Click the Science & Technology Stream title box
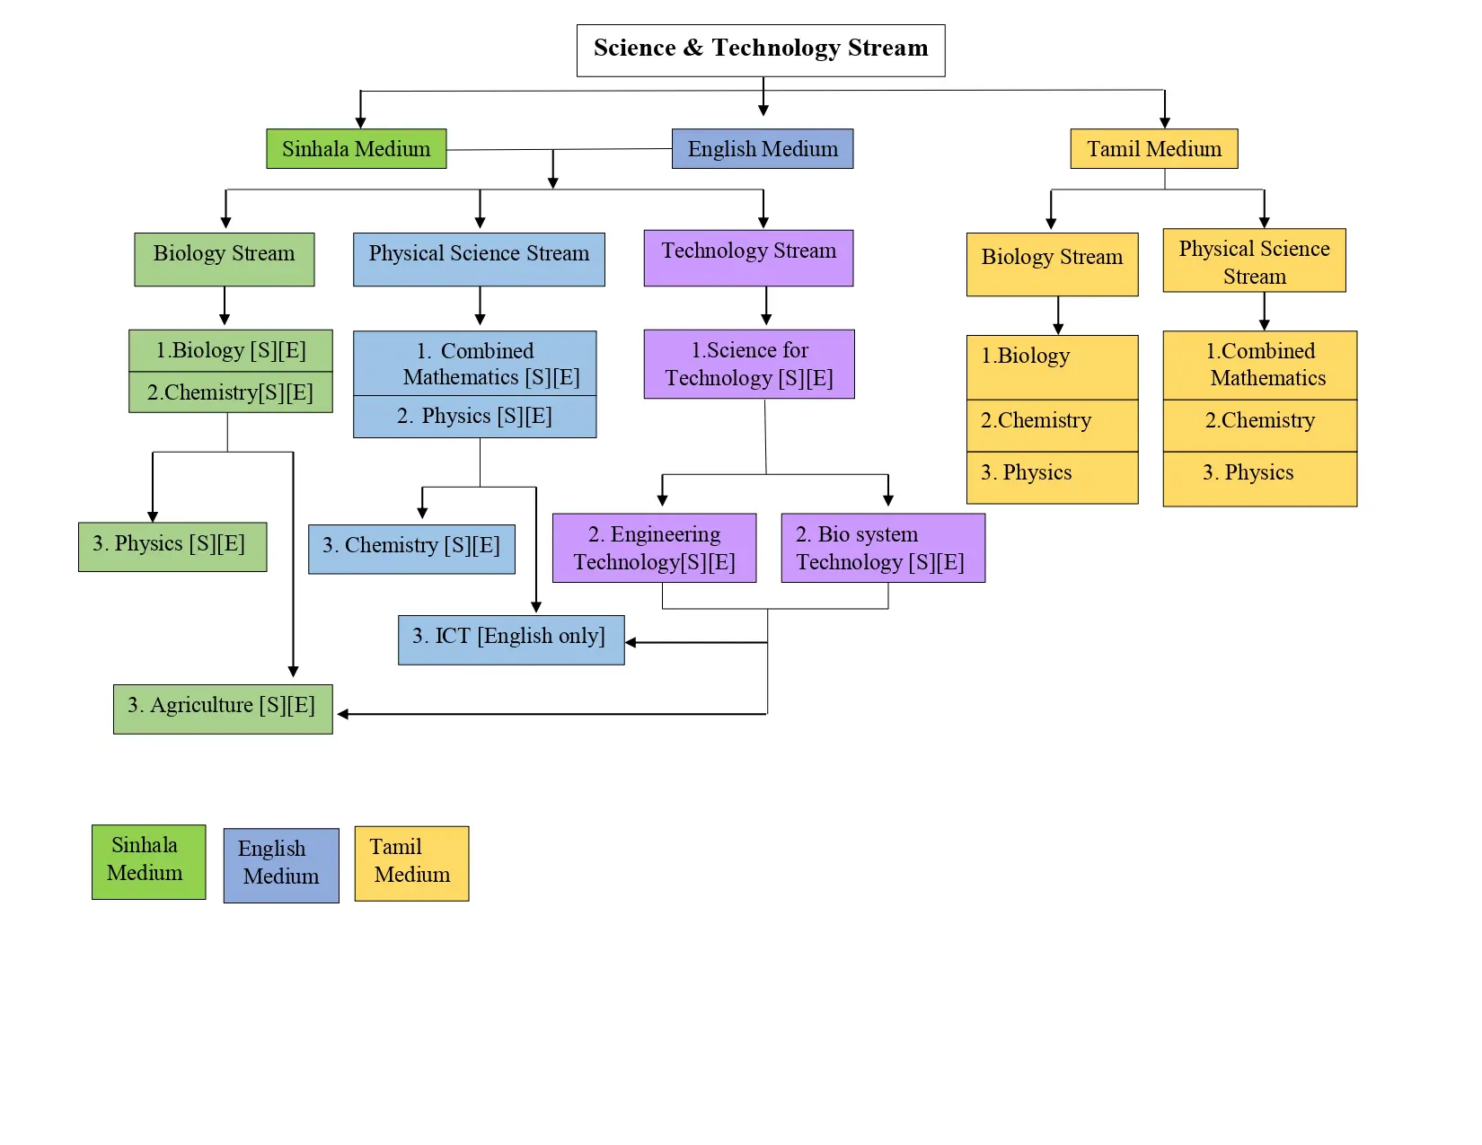click(x=760, y=50)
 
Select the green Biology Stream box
click(x=224, y=260)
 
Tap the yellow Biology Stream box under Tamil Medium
click(x=1052, y=264)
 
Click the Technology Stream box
click(x=748, y=258)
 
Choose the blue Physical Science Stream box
click(x=479, y=260)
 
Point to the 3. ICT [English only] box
click(x=510, y=639)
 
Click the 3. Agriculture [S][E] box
click(x=223, y=709)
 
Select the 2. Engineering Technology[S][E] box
click(x=654, y=548)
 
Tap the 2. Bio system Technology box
click(x=883, y=548)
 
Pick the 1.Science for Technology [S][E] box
click(x=749, y=364)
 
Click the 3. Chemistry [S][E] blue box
click(x=411, y=549)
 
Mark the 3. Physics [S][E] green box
click(x=172, y=546)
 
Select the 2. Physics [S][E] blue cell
click(x=474, y=417)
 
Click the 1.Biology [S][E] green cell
click(x=231, y=350)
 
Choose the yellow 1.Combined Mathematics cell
click(x=1259, y=365)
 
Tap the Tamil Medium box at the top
click(x=1153, y=149)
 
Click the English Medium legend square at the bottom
click(x=281, y=865)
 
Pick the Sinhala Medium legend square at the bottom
click(x=148, y=861)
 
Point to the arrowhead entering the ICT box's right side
click(x=631, y=643)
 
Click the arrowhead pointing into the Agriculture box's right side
click(x=342, y=714)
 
